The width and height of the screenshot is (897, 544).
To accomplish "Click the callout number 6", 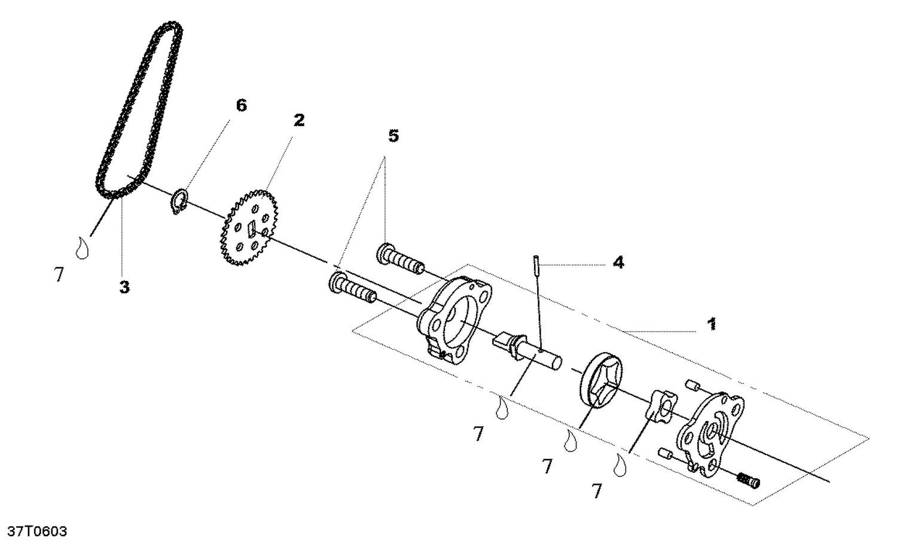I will [x=241, y=106].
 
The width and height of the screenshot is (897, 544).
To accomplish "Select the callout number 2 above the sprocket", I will [x=298, y=120].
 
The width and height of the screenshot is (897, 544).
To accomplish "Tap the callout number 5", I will [x=393, y=136].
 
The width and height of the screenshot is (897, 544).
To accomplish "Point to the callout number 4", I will [x=618, y=262].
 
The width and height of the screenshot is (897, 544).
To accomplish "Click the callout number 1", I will [x=712, y=325].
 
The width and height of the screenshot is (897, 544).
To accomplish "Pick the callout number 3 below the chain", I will [x=124, y=287].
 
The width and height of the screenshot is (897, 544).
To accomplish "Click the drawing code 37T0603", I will [x=37, y=531].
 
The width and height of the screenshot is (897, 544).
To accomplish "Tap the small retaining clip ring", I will [x=179, y=201].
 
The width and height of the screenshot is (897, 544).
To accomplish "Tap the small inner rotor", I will [x=660, y=406].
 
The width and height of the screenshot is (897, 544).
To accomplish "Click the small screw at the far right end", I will [x=748, y=479].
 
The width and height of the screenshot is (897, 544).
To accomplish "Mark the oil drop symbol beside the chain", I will [x=82, y=247].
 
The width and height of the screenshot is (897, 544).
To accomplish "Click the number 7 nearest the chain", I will [x=59, y=275].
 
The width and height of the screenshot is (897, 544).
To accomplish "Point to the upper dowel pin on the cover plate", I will [x=694, y=384].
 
